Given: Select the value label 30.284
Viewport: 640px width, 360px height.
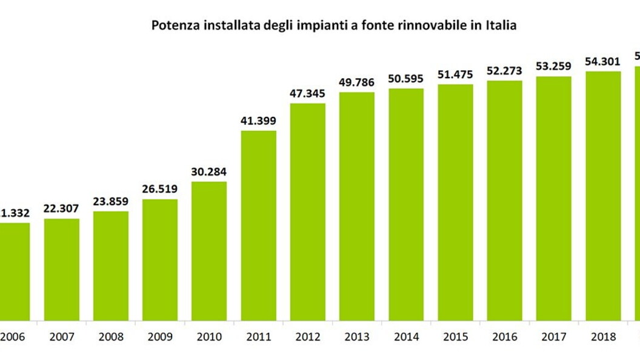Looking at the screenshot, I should tap(209, 171).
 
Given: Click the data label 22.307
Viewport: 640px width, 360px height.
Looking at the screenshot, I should tap(61, 208).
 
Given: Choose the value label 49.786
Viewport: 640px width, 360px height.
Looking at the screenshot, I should tap(357, 82).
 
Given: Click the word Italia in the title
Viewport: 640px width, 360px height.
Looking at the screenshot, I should tap(500, 26).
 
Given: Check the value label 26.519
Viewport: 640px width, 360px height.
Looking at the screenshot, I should tap(160, 188).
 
